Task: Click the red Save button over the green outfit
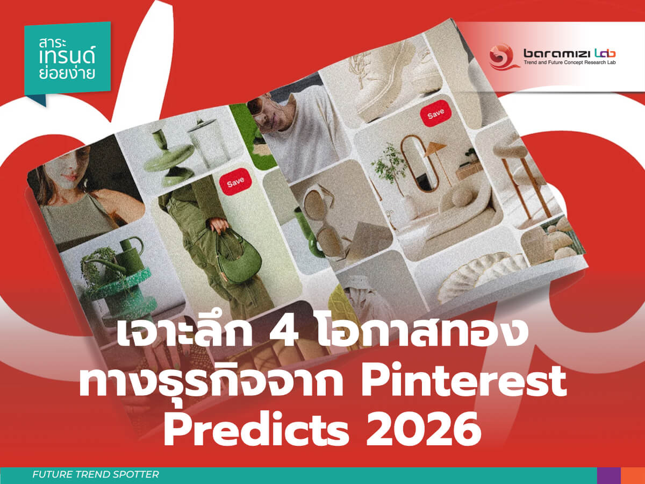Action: tap(235, 183)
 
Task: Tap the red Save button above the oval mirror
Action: tap(436, 113)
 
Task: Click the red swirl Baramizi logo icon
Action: tap(501, 56)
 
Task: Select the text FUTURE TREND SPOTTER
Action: tap(96, 475)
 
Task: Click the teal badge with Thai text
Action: tap(67, 59)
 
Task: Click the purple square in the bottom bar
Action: tap(608, 475)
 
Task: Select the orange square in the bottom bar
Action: tap(633, 475)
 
